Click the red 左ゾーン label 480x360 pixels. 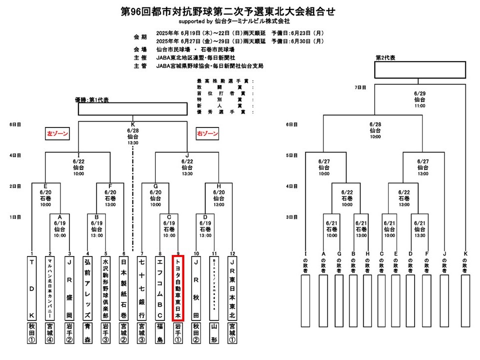58,134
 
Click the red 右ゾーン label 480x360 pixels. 207,134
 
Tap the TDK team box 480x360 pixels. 32,288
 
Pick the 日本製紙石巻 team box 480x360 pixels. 123,288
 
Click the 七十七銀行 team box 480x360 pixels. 142,288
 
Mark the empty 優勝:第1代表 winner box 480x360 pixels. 132,109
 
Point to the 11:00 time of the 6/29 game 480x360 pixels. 420,106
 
